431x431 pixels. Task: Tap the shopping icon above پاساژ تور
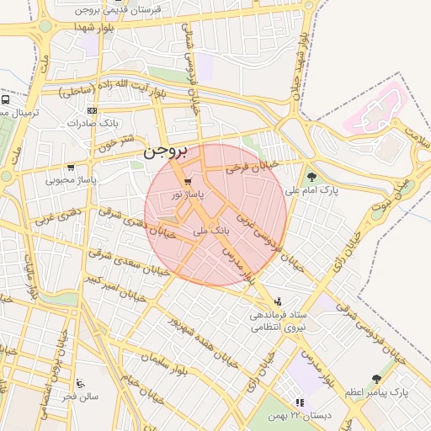pos(187,181)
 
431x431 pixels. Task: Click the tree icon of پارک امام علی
pos(312,177)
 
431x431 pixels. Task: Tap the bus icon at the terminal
pos(5,98)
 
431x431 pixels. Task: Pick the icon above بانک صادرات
pos(91,110)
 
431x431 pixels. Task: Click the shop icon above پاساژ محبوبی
pos(70,167)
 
